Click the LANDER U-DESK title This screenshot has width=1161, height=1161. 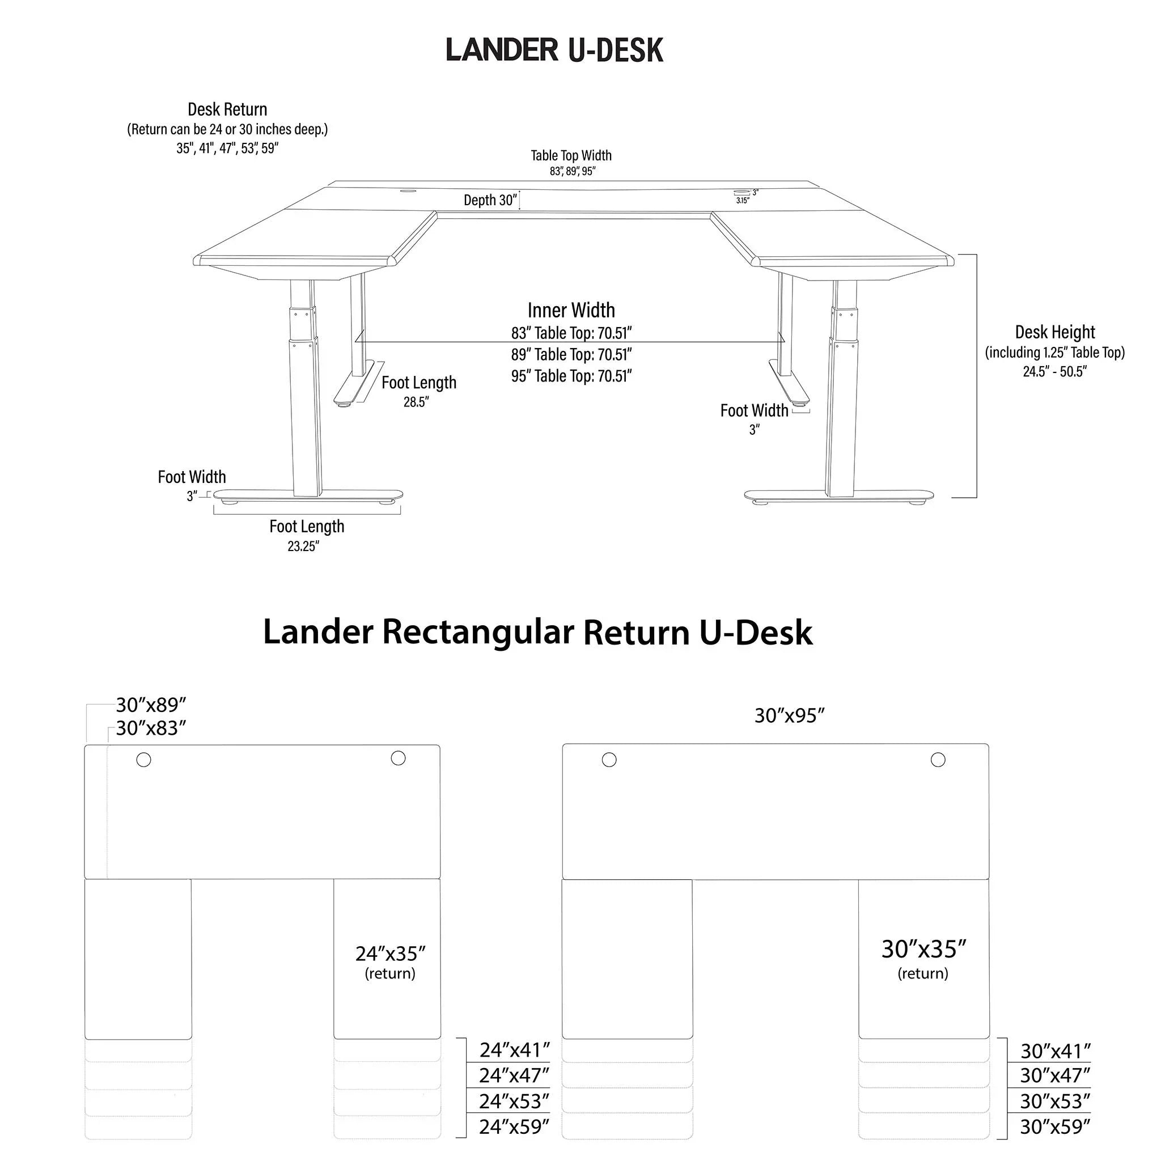click(x=554, y=50)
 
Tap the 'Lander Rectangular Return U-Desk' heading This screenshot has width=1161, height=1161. click(x=537, y=632)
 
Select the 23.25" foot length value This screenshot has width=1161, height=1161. click(x=303, y=546)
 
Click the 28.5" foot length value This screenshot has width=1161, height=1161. click(x=416, y=402)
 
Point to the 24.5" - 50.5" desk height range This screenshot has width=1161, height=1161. click(x=1054, y=371)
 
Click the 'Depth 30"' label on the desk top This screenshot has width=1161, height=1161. click(x=490, y=200)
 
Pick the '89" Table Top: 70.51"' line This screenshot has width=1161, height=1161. click(x=571, y=354)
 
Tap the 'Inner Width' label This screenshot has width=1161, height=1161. click(x=571, y=310)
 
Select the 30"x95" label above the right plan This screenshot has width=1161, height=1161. click(x=790, y=716)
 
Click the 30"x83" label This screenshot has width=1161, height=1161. click(x=151, y=728)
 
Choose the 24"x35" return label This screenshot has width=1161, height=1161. click(x=390, y=954)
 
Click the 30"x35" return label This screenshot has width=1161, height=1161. click(x=923, y=950)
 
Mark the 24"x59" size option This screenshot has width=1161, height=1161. click(x=514, y=1127)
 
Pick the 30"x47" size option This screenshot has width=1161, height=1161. click(x=1055, y=1075)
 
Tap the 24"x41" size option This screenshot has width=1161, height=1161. click(x=514, y=1050)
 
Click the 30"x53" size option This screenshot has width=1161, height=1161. click(x=1055, y=1101)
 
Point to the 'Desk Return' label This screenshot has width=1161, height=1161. click(x=227, y=109)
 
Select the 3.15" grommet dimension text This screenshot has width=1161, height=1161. click(x=742, y=201)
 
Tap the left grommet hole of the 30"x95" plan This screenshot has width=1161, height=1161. click(x=609, y=760)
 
